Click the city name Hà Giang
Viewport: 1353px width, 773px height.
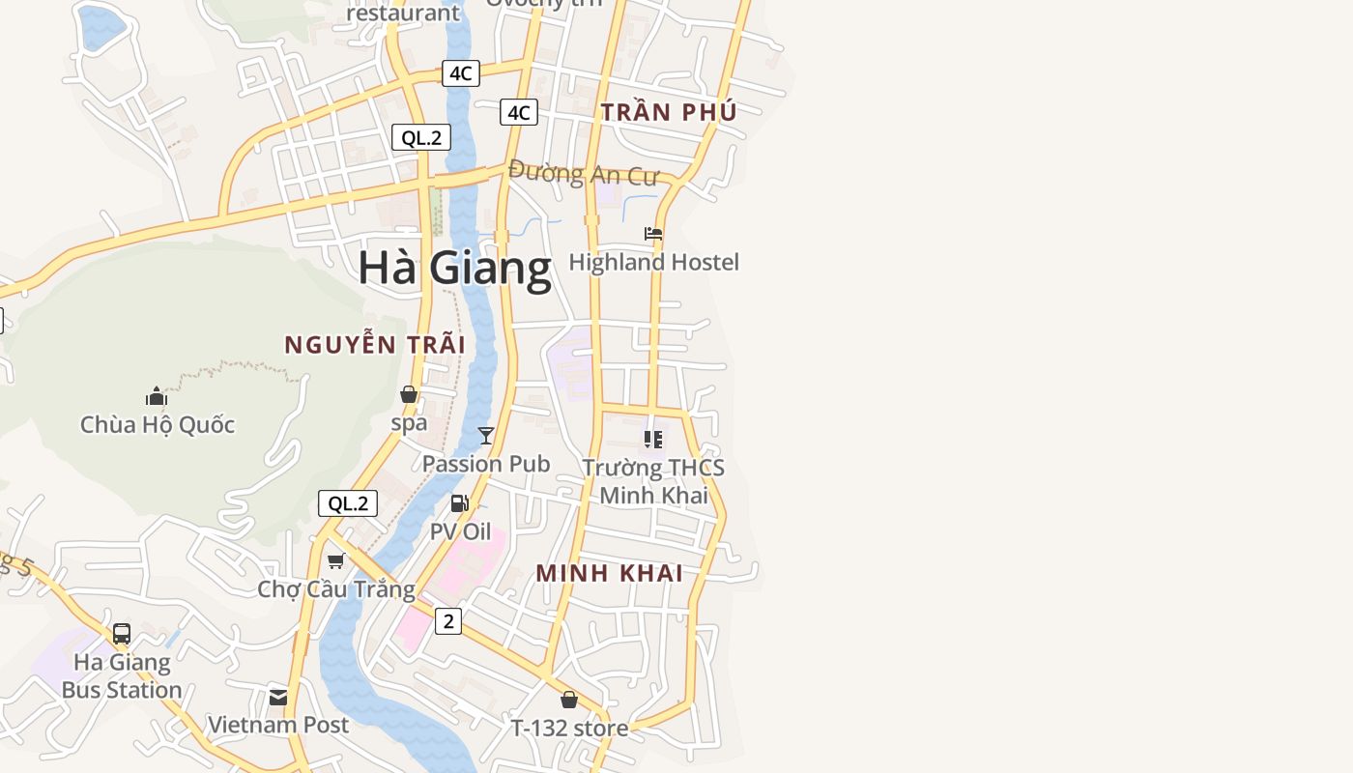tap(454, 268)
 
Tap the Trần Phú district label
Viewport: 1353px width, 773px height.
tap(669, 112)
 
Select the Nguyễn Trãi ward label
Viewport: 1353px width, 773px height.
tap(375, 344)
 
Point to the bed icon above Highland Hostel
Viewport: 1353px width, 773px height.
tap(653, 234)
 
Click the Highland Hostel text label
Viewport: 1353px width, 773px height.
tap(653, 262)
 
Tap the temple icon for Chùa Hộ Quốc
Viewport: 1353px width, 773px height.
tap(157, 396)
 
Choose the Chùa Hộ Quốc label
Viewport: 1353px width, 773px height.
tap(158, 424)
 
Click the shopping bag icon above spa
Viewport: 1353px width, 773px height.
tap(409, 394)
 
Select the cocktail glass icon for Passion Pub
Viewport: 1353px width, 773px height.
tap(486, 436)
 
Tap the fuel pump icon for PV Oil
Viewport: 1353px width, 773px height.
tap(460, 503)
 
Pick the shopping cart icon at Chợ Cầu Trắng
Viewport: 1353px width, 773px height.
tap(336, 560)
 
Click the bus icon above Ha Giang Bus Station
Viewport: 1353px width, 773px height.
tap(122, 634)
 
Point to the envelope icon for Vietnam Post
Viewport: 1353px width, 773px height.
tap(278, 697)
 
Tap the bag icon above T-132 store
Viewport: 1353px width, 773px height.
tap(569, 700)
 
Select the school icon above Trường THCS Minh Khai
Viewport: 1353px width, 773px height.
tap(653, 440)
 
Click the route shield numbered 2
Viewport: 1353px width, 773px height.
tap(448, 621)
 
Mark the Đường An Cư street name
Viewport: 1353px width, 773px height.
tap(583, 174)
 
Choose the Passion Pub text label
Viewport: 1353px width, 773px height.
tap(486, 464)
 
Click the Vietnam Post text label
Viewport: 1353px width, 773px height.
tap(278, 725)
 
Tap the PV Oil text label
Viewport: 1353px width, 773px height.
tap(460, 531)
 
